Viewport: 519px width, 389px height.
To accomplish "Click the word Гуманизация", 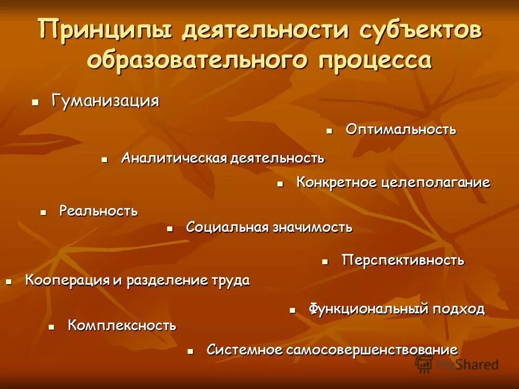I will click(105, 101).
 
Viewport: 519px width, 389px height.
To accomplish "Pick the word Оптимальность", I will click(401, 130).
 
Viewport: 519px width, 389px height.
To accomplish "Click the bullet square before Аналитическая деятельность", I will click(105, 159).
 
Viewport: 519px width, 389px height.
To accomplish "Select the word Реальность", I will click(98, 211).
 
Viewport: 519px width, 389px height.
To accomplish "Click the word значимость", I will click(312, 227).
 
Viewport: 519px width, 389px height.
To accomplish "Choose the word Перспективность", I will click(403, 260).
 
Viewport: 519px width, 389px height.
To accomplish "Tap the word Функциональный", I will click(369, 309).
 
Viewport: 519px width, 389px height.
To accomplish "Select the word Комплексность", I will click(122, 325).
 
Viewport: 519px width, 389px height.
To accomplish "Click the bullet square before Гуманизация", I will click(35, 102).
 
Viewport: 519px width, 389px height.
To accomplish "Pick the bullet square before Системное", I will click(190, 351).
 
